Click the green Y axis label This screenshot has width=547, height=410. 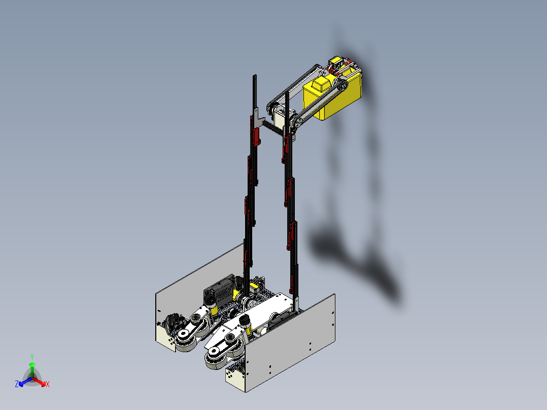click(x=31, y=357)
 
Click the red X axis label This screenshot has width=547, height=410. click(x=47, y=385)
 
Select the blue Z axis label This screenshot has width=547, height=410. click(x=17, y=385)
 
